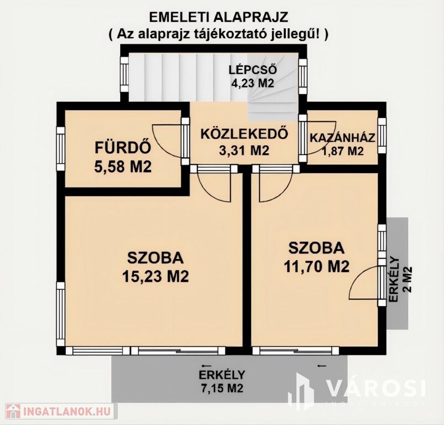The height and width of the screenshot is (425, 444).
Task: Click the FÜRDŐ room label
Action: click(122, 148)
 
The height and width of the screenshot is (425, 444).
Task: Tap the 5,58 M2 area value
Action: click(123, 167)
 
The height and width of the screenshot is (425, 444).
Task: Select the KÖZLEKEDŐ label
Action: click(244, 134)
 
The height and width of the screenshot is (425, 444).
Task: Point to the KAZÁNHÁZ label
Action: click(343, 138)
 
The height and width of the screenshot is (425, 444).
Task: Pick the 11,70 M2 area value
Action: click(317, 266)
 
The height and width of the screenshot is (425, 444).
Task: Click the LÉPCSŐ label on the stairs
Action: click(253, 70)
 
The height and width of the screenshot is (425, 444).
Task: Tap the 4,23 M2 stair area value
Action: click(253, 84)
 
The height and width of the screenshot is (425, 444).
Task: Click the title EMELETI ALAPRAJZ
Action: click(218, 17)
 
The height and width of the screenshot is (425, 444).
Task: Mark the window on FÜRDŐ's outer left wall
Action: click(60, 148)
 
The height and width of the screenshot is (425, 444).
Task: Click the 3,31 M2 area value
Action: click(244, 151)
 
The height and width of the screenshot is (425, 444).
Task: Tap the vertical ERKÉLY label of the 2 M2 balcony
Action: click(394, 280)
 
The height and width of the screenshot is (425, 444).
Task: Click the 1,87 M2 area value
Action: click(343, 152)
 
